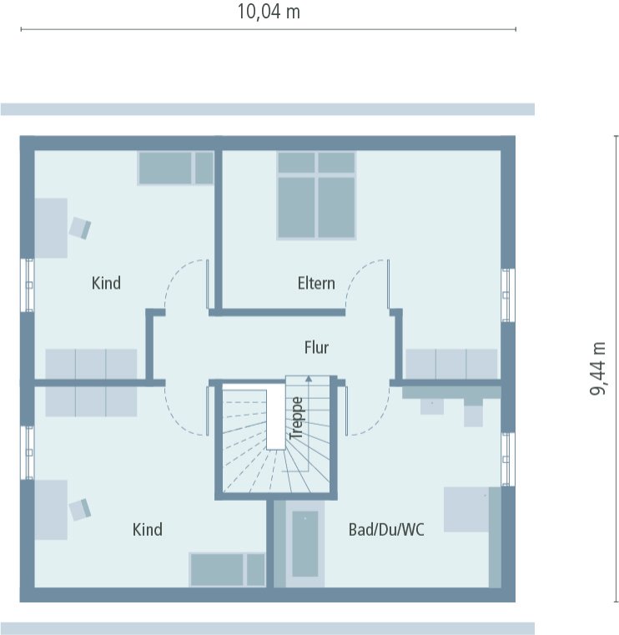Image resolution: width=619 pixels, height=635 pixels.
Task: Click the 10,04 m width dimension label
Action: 268,12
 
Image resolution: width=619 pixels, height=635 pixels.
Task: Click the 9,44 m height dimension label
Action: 597,368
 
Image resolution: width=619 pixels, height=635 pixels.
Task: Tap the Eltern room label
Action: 316,283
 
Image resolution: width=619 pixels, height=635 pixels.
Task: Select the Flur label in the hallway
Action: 316,348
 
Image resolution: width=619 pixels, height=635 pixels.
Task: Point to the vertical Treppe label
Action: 295,418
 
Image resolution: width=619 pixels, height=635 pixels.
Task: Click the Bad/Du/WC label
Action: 385,529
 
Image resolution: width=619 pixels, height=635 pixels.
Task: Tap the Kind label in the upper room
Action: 106,283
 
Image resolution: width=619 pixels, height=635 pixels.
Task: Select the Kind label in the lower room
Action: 148,529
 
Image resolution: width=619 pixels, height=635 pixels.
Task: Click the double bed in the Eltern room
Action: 317,195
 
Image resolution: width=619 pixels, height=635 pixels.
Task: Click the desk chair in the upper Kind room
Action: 80,227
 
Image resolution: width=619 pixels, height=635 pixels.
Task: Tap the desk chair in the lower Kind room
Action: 80,508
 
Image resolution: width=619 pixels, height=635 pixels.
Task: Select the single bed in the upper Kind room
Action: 176,168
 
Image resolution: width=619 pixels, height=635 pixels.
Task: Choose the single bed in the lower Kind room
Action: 227,569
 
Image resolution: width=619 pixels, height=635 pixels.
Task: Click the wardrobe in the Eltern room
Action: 450,365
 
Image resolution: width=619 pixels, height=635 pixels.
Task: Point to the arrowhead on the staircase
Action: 309,379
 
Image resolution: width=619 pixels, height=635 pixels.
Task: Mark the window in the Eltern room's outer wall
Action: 507,295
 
